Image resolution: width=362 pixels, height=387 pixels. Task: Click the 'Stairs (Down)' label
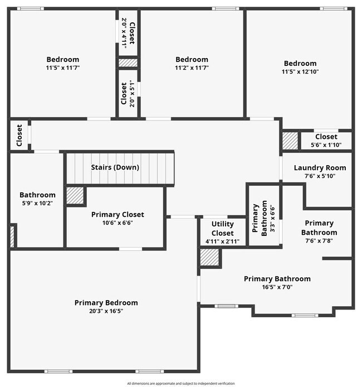[x=115, y=167]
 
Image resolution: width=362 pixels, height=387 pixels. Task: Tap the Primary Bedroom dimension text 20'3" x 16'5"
[x=106, y=311]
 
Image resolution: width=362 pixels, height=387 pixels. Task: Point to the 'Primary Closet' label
[x=118, y=214]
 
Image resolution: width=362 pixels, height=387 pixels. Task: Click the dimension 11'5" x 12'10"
[x=300, y=71]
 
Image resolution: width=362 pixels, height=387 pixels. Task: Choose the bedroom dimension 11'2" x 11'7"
[x=192, y=67]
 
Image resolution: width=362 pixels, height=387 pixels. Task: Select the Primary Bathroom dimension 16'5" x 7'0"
[x=277, y=287]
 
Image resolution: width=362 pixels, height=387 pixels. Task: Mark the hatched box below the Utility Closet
[x=210, y=257]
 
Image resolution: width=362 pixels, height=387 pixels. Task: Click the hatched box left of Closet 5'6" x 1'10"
[x=290, y=139]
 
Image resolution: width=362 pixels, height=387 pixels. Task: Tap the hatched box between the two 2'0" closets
[x=128, y=63]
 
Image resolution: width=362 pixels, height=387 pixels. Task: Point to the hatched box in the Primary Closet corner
[x=75, y=196]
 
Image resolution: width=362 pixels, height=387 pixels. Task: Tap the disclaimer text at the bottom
[x=181, y=383]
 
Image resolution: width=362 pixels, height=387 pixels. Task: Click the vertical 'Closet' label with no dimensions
[x=19, y=136]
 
